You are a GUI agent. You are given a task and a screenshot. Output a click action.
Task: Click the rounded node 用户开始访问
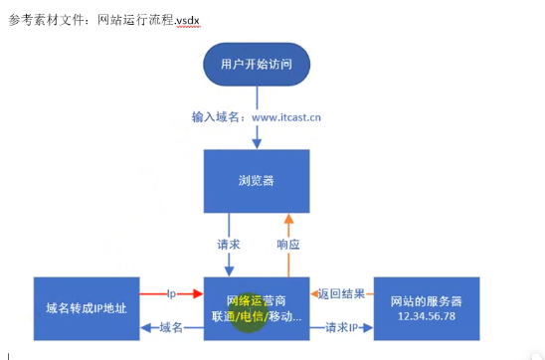coord(257,65)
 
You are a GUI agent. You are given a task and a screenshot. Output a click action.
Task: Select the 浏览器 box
coord(257,180)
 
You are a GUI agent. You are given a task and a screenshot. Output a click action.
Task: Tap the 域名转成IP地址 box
coord(86,308)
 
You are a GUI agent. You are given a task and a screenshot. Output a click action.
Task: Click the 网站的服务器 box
coord(426,308)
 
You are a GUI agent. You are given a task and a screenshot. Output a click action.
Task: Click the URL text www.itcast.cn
coord(286,116)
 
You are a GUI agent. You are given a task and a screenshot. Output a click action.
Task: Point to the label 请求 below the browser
coord(228,243)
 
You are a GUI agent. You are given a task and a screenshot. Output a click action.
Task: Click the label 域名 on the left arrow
coord(171,326)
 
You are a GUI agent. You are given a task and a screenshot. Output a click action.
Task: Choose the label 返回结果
coord(341,294)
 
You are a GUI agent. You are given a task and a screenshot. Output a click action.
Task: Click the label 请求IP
coord(341,326)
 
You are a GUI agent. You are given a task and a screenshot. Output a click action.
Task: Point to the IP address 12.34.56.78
coord(426,315)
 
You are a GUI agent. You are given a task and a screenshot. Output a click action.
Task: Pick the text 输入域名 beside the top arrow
coord(218,116)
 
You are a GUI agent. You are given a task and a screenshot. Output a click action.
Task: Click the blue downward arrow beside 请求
coord(229,261)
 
